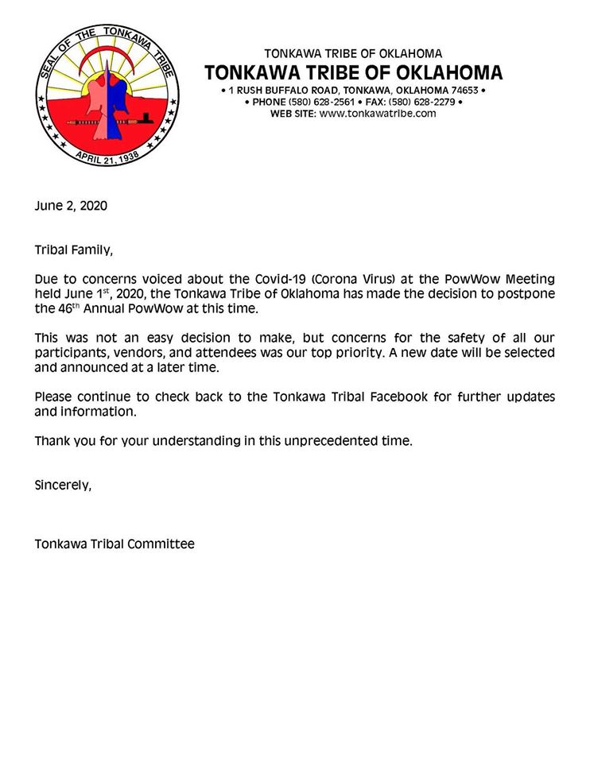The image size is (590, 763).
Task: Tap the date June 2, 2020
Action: (x=71, y=205)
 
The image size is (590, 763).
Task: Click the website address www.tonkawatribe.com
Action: (x=378, y=114)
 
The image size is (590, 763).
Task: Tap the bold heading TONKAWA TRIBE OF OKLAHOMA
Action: (x=353, y=73)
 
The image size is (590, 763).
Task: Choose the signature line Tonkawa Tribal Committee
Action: (x=115, y=544)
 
